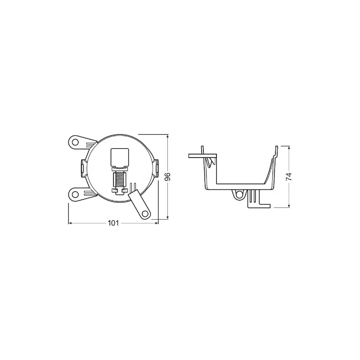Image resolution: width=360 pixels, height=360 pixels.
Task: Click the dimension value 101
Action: tap(113, 223)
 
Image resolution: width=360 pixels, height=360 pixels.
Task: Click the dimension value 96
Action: tap(168, 176)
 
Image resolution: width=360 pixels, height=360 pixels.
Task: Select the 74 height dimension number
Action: tap(289, 176)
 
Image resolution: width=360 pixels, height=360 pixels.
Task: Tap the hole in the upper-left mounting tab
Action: tap(74, 142)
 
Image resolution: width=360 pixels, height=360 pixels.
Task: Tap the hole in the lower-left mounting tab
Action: tap(74, 195)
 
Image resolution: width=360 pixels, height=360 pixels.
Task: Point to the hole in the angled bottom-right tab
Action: tap(144, 214)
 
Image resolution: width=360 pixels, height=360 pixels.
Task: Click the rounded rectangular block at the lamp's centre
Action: tap(120, 158)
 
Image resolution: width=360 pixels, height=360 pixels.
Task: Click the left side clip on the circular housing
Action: tap(83, 168)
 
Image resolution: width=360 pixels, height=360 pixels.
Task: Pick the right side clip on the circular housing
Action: tap(156, 168)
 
